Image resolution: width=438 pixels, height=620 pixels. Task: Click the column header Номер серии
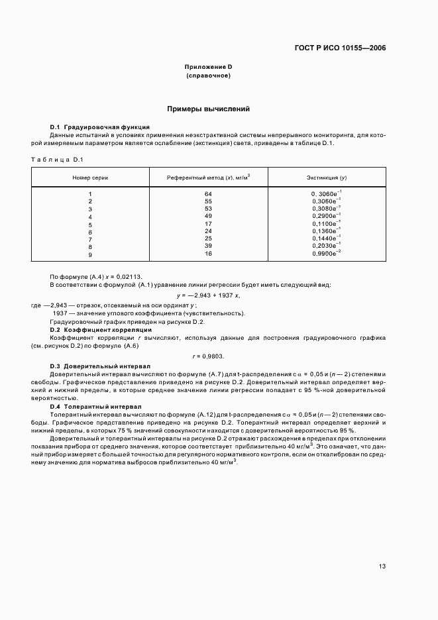[x=90, y=178]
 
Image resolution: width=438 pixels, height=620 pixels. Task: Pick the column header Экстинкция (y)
[x=326, y=178]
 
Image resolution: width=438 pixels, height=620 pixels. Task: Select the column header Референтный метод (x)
[x=208, y=178]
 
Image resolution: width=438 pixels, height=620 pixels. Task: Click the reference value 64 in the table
[x=208, y=193]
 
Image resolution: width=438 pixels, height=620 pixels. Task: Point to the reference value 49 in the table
[x=208, y=217]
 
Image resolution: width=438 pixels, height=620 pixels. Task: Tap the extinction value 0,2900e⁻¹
[x=326, y=216]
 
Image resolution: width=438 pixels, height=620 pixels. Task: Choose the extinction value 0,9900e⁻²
[x=326, y=254]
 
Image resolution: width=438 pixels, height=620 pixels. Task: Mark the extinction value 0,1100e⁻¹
[x=326, y=224]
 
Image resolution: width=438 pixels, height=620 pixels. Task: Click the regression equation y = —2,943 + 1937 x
[x=208, y=295]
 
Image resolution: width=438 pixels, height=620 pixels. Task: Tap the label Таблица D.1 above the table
[x=56, y=160]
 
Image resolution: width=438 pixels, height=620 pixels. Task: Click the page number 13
[x=382, y=566]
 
